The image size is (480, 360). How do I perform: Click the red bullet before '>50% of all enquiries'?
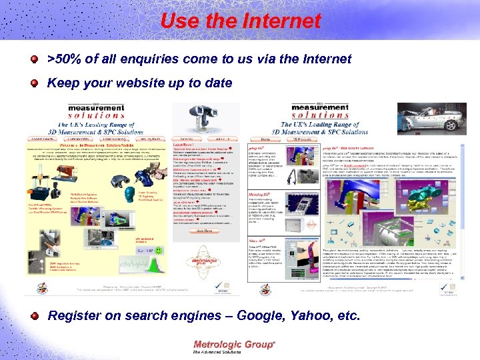tap(33, 59)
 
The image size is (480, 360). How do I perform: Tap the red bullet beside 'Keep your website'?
tap(33, 84)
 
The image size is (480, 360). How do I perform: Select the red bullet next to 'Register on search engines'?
tap(33, 315)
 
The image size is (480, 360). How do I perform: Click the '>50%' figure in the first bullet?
tap(64, 59)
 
